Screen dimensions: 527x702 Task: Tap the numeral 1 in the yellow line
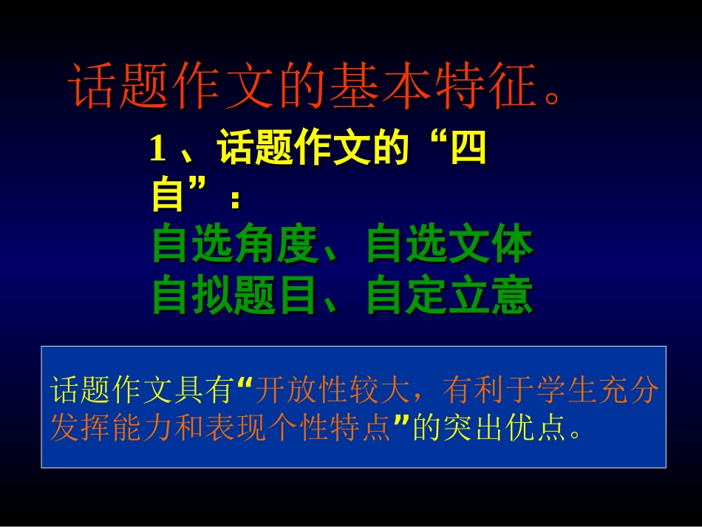pos(157,152)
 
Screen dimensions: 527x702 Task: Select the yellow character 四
pos(468,152)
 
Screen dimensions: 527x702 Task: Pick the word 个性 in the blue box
pos(299,426)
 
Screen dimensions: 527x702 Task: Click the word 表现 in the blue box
pos(237,426)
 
